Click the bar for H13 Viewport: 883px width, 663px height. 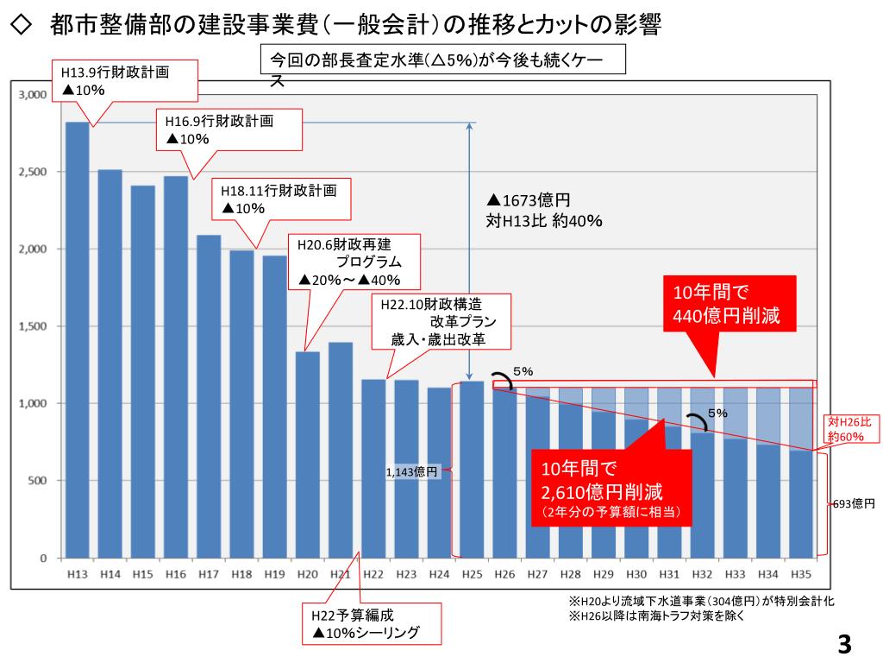pyautogui.click(x=77, y=340)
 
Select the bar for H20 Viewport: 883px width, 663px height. pyautogui.click(x=308, y=455)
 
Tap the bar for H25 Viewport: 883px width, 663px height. pyautogui.click(x=472, y=470)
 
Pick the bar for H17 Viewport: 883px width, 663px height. pyautogui.click(x=209, y=396)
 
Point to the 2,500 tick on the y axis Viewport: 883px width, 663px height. pyautogui.click(x=33, y=172)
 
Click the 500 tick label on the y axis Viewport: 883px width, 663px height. pyautogui.click(x=38, y=481)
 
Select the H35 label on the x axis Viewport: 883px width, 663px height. pyautogui.click(x=801, y=574)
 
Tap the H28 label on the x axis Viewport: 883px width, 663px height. pyautogui.click(x=571, y=574)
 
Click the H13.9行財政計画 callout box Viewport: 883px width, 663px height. pyautogui.click(x=125, y=81)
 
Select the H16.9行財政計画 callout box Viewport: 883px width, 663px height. pyautogui.click(x=229, y=129)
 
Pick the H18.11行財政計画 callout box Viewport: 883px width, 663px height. pyautogui.click(x=281, y=199)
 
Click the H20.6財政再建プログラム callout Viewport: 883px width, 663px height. pyautogui.click(x=354, y=262)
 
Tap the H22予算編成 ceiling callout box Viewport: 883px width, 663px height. pyautogui.click(x=372, y=624)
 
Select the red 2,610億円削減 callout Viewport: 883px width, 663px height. pyautogui.click(x=611, y=489)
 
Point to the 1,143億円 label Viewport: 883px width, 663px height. pyautogui.click(x=411, y=472)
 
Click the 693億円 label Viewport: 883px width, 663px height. pyautogui.click(x=855, y=503)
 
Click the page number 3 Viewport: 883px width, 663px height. pyautogui.click(x=844, y=644)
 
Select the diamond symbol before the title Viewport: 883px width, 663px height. pyautogui.click(x=21, y=25)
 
